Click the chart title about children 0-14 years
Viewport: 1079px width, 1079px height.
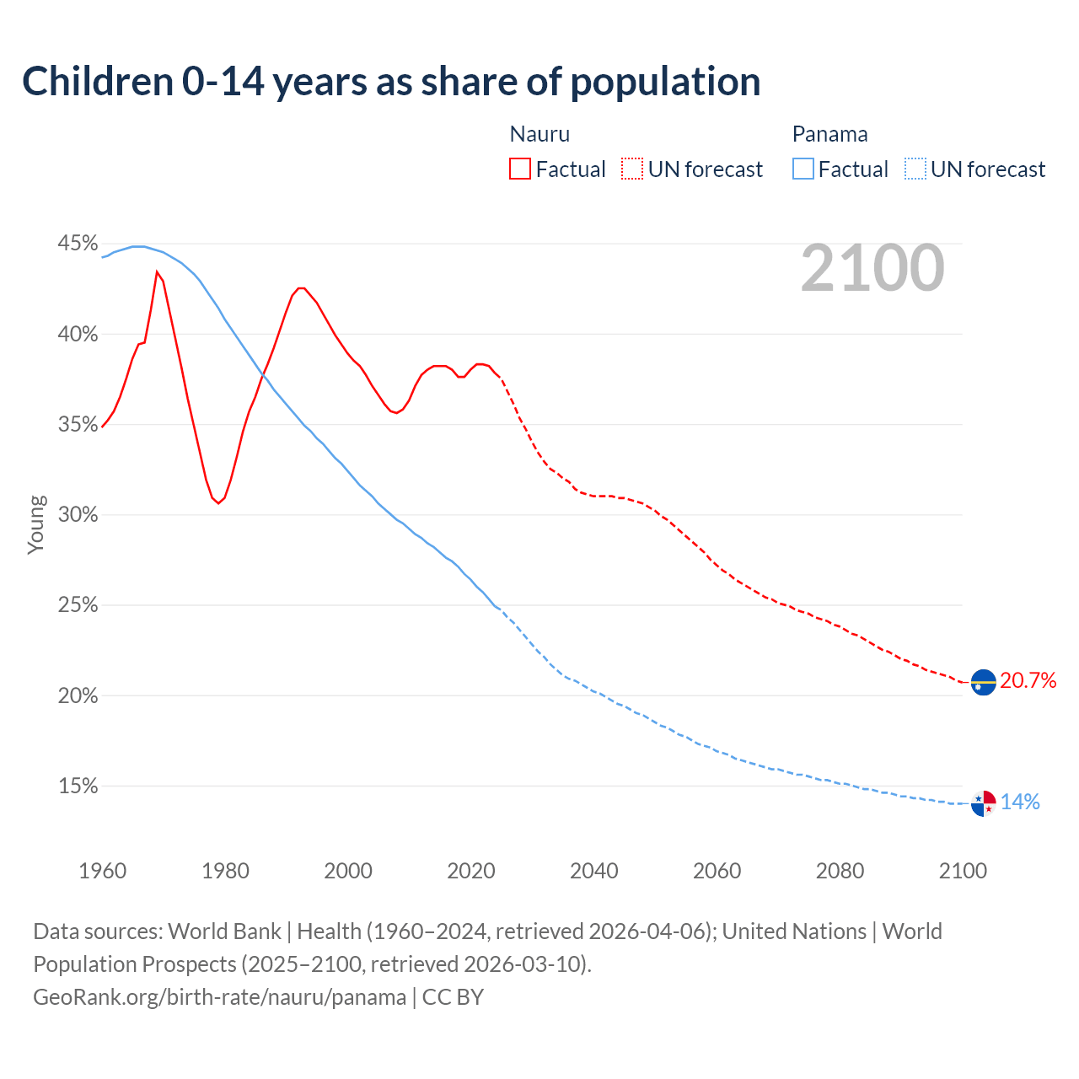391,81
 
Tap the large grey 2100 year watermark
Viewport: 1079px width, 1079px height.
872,268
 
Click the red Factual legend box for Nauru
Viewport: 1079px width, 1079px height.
520,169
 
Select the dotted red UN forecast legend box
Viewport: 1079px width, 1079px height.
632,169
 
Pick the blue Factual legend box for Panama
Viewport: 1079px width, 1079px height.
803,169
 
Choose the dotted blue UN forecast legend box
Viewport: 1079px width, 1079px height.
915,169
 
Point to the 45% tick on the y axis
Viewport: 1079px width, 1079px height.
78,244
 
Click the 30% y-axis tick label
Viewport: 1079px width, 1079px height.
78,514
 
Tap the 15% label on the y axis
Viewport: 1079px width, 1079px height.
78,786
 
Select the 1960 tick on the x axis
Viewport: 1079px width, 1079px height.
102,871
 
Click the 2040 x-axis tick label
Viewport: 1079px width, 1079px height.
593,871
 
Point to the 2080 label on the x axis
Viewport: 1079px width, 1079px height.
840,871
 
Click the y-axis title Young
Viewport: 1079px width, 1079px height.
35,524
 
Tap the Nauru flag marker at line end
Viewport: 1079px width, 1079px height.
983,682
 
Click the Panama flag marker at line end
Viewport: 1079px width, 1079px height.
983,803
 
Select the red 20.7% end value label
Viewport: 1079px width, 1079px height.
1028,680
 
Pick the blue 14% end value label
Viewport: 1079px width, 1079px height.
1020,802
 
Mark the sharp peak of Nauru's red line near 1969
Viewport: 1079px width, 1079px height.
157,271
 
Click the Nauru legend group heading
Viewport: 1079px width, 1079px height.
539,134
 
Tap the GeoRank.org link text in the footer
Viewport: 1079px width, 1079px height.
219,997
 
